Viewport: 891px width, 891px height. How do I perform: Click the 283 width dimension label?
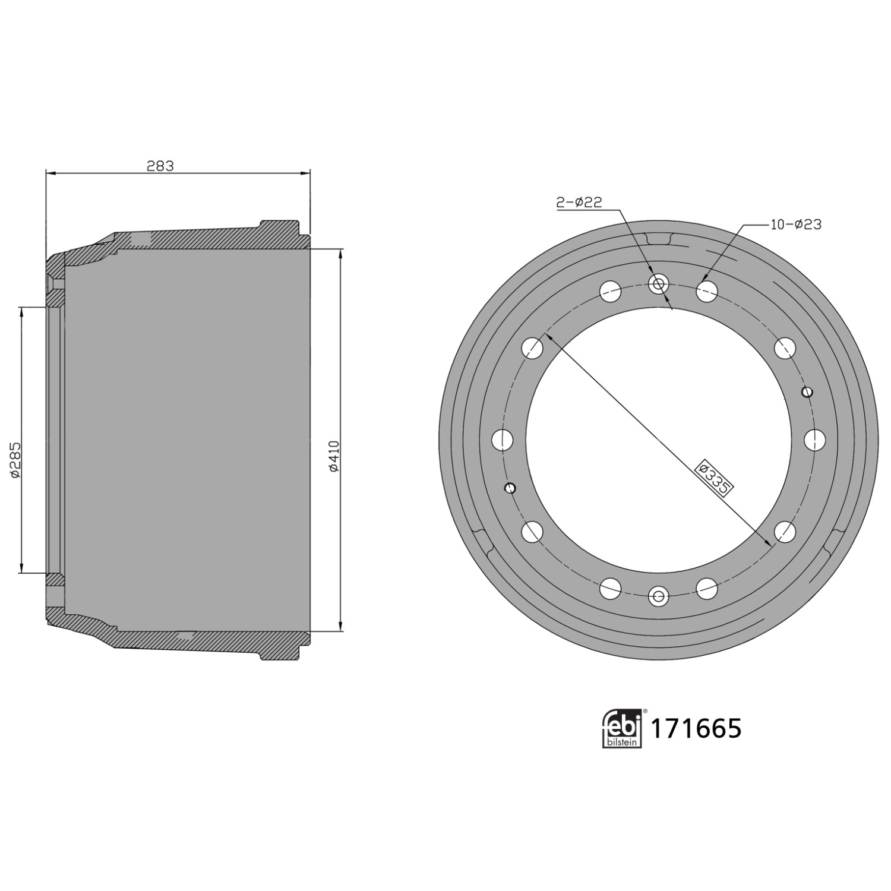tap(160, 166)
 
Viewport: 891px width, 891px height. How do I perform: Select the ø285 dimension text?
tap(15, 459)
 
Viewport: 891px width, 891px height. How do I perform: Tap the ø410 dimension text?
tap(333, 456)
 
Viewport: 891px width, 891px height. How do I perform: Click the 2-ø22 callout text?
tap(579, 203)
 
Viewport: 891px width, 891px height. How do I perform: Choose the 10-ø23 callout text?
tap(795, 224)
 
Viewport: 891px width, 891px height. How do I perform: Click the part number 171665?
tap(696, 728)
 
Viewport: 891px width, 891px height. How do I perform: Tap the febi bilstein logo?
tap(623, 728)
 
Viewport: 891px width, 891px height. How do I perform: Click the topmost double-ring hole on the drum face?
tap(658, 284)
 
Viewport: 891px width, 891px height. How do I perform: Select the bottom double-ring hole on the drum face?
tap(658, 596)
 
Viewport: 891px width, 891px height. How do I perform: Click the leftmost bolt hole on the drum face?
tap(503, 440)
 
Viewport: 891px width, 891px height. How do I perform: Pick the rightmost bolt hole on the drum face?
tap(814, 440)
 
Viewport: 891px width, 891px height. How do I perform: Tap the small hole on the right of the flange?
tap(807, 391)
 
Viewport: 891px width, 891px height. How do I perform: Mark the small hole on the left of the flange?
tap(509, 488)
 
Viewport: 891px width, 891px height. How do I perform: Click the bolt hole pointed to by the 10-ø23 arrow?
tap(706, 291)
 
